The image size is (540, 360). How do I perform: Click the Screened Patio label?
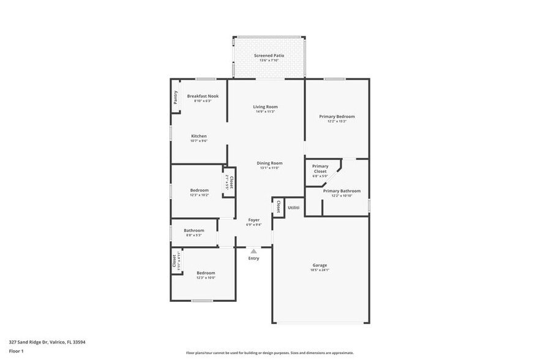[269, 56]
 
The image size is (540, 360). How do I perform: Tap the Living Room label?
[265, 107]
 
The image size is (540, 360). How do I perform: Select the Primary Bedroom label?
[337, 116]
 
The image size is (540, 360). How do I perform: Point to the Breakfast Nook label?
[203, 96]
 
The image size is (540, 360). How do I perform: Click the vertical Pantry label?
[176, 97]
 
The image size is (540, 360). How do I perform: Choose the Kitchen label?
[199, 136]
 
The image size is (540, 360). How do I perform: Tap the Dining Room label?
[269, 163]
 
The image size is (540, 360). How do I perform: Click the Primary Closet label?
[320, 166]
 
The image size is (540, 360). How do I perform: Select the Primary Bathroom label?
[342, 191]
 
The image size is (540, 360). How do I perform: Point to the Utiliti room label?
[294, 208]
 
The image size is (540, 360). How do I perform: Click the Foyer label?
[253, 220]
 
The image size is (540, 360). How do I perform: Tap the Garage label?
[320, 265]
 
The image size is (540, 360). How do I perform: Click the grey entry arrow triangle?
[253, 250]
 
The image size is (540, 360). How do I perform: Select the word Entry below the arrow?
[253, 258]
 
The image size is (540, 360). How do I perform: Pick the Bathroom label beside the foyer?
[194, 230]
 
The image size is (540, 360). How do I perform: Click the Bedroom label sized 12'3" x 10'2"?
[199, 190]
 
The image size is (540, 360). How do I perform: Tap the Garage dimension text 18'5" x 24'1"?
[320, 270]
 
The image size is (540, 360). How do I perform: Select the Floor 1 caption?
[17, 351]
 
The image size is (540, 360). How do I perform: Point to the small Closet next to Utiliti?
[279, 206]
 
